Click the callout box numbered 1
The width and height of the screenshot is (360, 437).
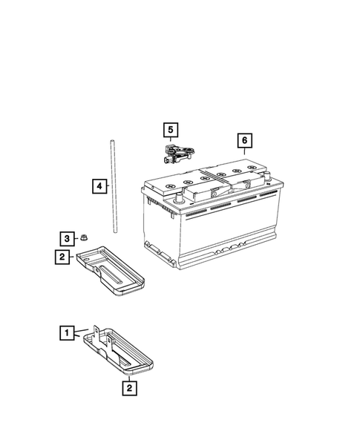68,333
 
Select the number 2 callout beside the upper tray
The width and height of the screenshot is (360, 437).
63,257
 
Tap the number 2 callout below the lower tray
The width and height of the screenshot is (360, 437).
129,387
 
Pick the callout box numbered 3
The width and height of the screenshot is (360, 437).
67,238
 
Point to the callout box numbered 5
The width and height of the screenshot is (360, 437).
171,131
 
